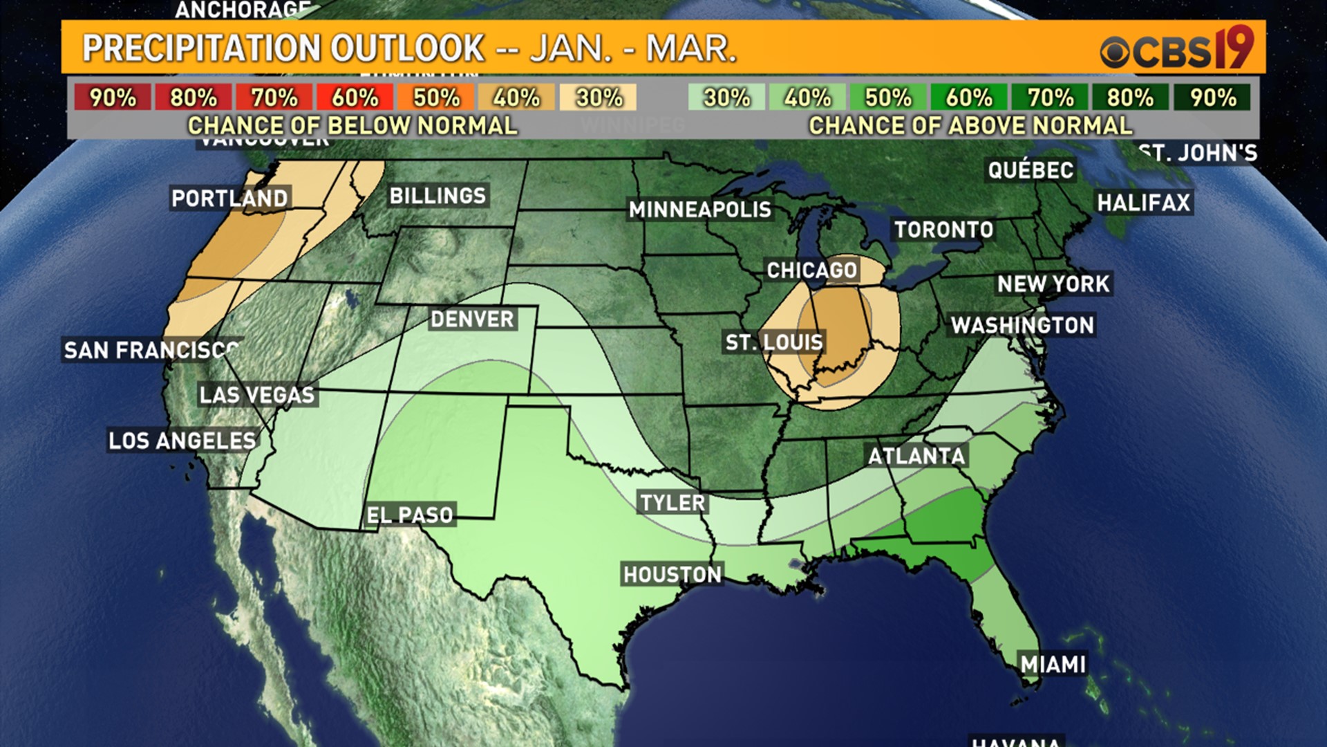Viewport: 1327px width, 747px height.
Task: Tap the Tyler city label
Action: point(672,503)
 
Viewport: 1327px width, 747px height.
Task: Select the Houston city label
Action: point(672,575)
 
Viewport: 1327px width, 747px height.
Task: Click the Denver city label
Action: point(472,320)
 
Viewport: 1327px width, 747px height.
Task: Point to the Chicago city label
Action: point(812,270)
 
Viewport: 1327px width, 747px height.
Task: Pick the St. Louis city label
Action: point(774,342)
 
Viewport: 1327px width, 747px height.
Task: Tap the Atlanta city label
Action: point(916,456)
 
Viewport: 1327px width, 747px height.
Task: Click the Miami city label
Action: point(1053,665)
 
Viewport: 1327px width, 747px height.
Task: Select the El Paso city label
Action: point(410,515)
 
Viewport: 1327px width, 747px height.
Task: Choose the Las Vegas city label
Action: point(257,395)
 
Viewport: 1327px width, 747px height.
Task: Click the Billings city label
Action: point(437,196)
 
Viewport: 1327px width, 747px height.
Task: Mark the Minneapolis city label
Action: point(699,210)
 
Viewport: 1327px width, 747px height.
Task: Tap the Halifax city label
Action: point(1144,203)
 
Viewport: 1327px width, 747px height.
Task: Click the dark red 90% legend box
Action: point(113,98)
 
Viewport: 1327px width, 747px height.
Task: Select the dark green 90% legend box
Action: point(1212,98)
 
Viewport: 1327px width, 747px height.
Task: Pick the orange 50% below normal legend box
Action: point(436,98)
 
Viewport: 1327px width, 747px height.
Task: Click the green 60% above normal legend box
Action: point(969,98)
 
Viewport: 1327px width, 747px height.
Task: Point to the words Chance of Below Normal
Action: point(352,126)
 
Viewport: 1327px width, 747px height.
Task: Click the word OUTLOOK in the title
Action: point(407,48)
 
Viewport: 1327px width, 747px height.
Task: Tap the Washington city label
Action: point(1022,326)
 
